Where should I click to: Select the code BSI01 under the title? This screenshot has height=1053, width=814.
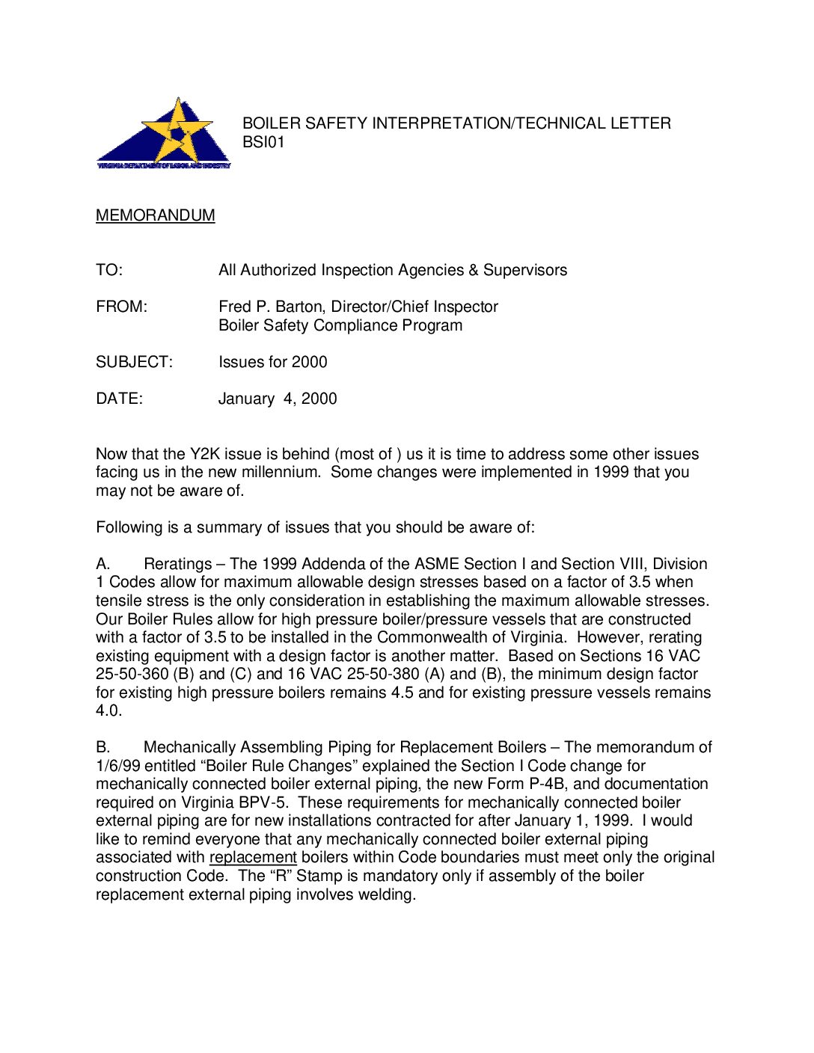tap(263, 142)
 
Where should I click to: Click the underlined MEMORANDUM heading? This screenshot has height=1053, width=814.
tap(156, 215)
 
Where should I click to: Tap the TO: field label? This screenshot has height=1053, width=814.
tap(109, 270)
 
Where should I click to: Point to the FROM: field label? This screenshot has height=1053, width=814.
tap(121, 307)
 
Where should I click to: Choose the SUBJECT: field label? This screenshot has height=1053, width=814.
tap(134, 362)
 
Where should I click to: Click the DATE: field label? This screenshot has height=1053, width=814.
tap(119, 399)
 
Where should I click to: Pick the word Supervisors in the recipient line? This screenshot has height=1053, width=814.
tap(525, 270)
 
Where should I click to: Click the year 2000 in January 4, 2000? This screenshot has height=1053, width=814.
tap(319, 399)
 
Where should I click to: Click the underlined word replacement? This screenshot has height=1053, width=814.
tap(253, 857)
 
